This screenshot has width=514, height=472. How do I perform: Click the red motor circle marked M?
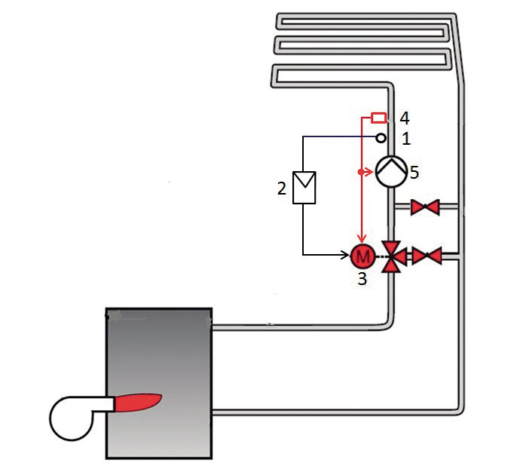click(363, 256)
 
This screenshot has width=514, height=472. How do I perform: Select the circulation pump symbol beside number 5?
click(391, 172)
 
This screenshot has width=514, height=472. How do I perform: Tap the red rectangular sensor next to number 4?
click(378, 118)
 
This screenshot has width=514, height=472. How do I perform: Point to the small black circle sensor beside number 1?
click(381, 138)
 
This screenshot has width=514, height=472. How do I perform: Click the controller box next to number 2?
click(304, 188)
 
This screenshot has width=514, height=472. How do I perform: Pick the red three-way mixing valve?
click(393, 256)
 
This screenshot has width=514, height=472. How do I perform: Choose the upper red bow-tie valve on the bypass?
click(425, 207)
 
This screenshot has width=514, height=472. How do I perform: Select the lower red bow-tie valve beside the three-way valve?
click(427, 256)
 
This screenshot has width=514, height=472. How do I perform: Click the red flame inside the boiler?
click(137, 402)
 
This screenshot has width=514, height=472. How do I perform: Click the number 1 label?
click(405, 139)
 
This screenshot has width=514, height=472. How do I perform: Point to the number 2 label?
click(282, 188)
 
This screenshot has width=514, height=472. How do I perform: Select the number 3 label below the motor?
click(362, 279)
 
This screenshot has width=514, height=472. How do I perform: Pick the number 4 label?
click(405, 118)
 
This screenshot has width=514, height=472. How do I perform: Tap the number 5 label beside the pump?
click(415, 173)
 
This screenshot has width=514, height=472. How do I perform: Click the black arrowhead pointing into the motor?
click(346, 255)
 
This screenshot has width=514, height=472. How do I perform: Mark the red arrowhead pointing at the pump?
click(369, 172)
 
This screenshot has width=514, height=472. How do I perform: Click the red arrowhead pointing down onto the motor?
click(362, 238)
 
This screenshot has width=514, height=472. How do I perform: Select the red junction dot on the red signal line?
click(361, 172)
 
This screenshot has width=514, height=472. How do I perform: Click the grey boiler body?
click(159, 383)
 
